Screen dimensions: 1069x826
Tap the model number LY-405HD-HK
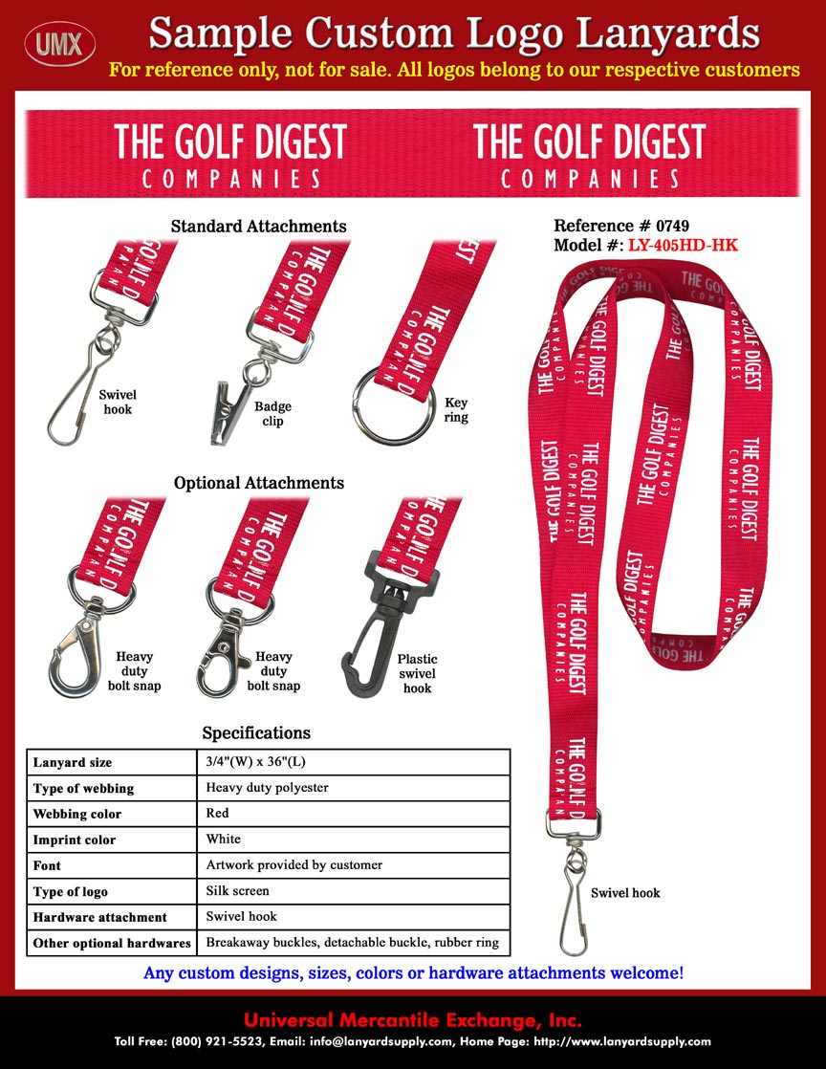682,246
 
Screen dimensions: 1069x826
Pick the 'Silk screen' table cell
238,891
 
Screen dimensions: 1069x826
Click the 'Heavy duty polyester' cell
267,788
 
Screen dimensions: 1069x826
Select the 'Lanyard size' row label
73,763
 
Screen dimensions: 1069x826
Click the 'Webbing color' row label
77,815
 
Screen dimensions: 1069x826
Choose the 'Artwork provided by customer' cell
294,865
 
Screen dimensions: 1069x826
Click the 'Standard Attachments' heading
258,227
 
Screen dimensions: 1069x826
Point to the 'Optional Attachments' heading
258,483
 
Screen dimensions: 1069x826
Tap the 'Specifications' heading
256,733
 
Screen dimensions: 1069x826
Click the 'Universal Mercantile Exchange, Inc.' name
413,1019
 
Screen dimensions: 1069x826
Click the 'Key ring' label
456,411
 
